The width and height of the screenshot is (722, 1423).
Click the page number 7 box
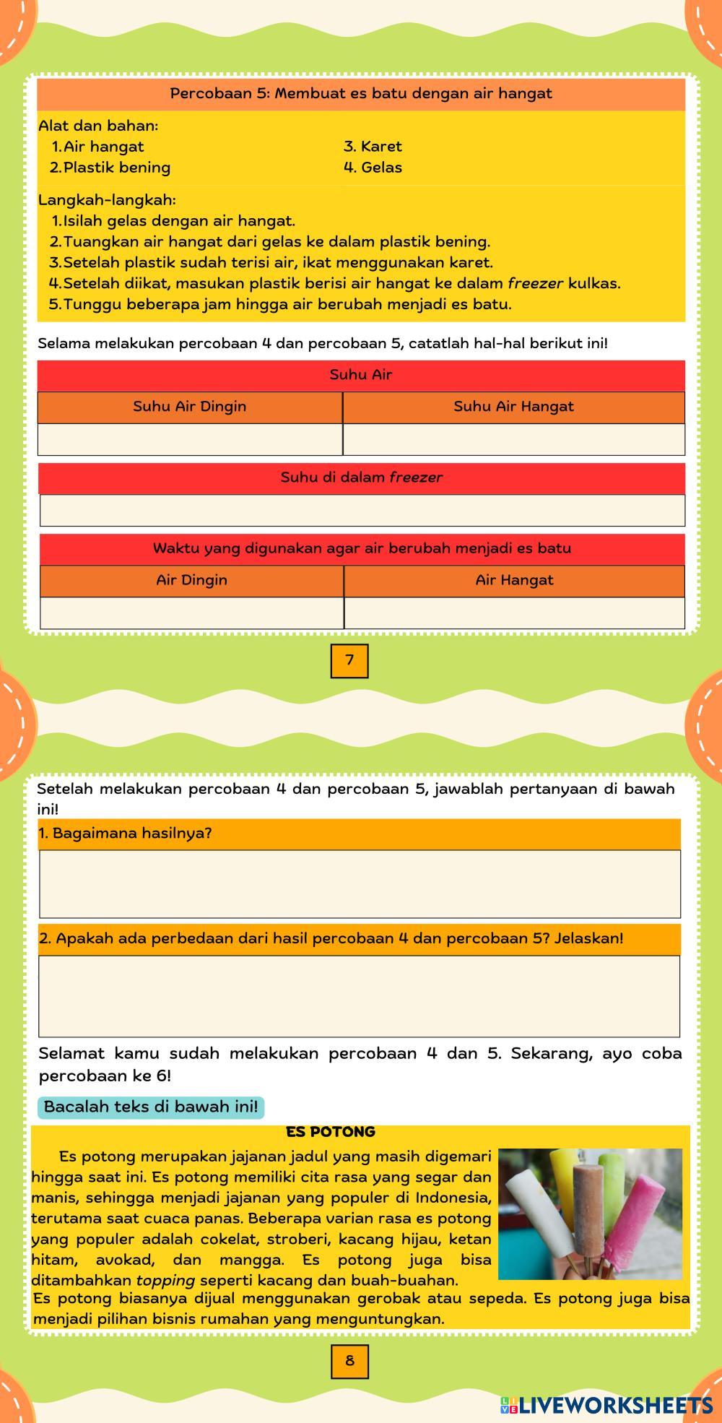349,660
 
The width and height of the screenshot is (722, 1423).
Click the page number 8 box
349,1361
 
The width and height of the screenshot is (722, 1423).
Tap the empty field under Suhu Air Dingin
190,439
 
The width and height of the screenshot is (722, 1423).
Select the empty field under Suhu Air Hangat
513,439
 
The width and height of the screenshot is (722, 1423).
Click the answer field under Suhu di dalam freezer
362,510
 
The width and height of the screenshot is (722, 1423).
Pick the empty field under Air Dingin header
191,613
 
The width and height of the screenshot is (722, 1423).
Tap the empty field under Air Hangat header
514,613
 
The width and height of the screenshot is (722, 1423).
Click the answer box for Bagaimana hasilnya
360,883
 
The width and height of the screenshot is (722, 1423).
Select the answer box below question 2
359,996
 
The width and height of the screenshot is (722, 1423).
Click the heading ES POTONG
331,1132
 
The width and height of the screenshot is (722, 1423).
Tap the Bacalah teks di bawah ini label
150,1107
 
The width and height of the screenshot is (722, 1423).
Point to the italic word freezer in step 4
535,283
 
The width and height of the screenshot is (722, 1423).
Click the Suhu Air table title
361,374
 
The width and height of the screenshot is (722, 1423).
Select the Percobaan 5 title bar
361,93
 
